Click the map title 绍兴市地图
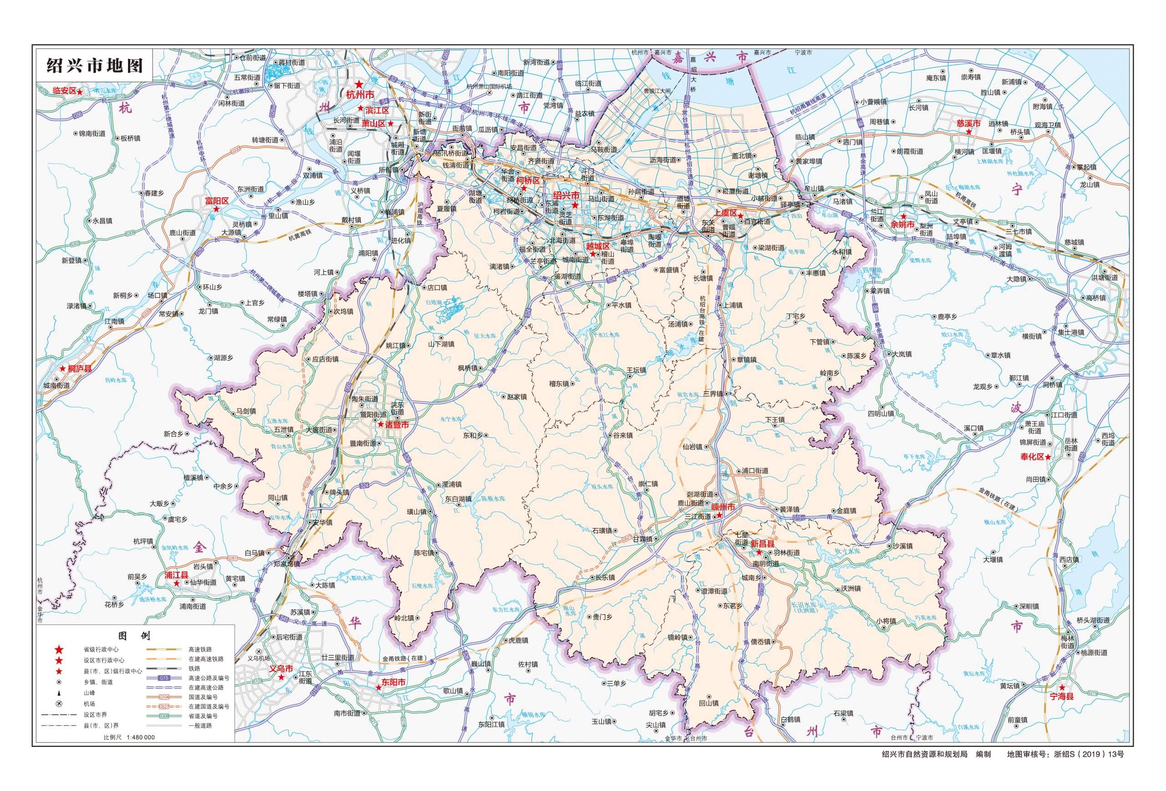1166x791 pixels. coord(94,65)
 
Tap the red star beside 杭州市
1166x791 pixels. coord(359,84)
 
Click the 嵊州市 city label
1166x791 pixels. coord(722,508)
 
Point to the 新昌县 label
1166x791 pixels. coord(762,543)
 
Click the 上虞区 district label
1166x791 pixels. coord(726,213)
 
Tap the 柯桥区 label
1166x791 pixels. coord(528,180)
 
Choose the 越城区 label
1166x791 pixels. coord(598,246)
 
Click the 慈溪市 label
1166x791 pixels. coord(969,123)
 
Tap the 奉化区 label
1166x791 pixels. coord(1032,457)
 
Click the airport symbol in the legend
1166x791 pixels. coord(59,704)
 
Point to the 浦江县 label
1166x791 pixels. coord(176,575)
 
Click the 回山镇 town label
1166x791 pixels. coord(709,703)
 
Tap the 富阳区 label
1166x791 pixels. coord(217,201)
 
